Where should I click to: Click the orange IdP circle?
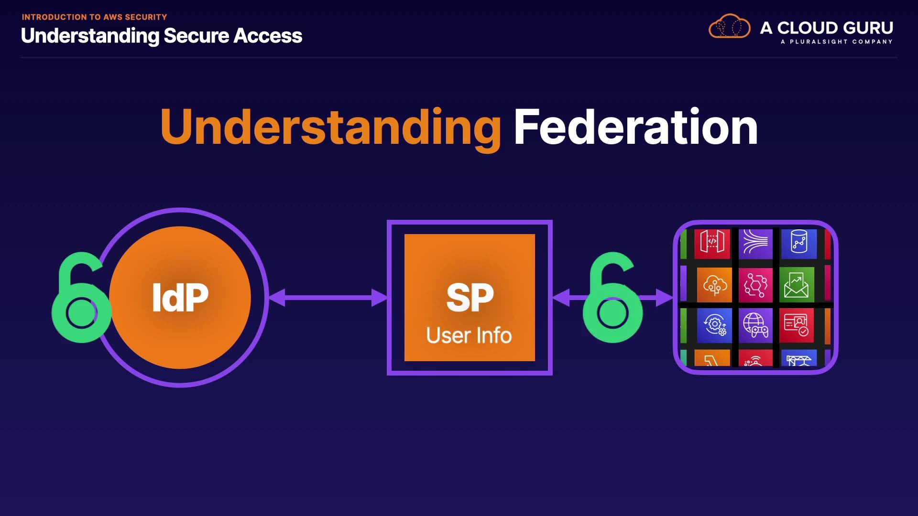coord(180,297)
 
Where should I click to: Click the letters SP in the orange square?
coord(470,297)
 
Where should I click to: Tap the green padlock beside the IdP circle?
coord(80,301)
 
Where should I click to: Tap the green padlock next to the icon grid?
coord(612,301)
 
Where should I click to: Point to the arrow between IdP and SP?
coord(328,298)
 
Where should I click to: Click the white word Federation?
coord(635,127)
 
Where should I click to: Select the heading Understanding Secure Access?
coord(162,36)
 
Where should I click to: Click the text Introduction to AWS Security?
coord(94,17)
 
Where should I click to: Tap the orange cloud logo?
coord(729,27)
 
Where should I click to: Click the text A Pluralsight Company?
coord(836,42)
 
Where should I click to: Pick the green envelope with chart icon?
coord(797,285)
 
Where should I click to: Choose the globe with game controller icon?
coord(755,325)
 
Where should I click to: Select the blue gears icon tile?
coord(714,325)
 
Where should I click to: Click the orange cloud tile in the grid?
coord(714,285)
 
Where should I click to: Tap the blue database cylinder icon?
coord(799,244)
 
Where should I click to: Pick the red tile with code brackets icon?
coord(712,244)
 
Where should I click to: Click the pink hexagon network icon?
coord(755,285)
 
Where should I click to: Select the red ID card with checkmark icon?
coord(797,325)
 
